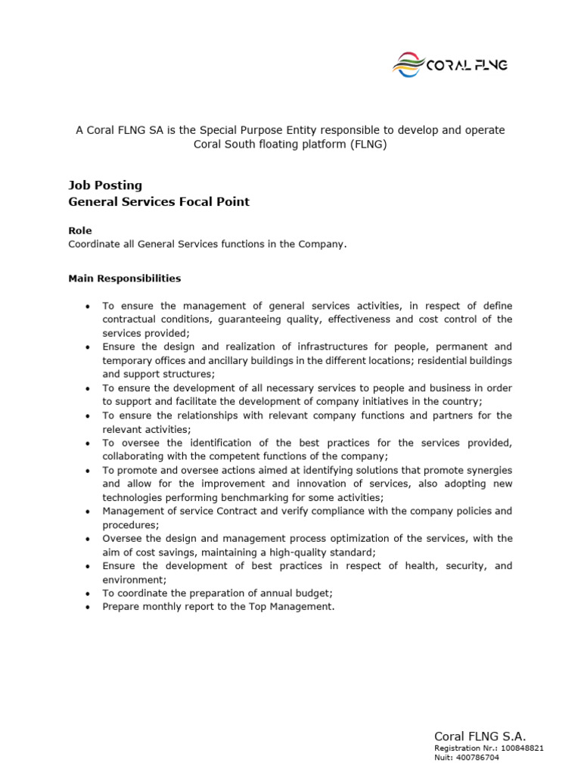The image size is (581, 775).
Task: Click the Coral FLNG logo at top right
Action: click(x=449, y=64)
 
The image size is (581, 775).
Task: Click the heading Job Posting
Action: click(x=105, y=185)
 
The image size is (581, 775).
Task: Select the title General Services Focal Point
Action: click(x=159, y=202)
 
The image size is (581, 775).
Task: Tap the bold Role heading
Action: click(x=79, y=231)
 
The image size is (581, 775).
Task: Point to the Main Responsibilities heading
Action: click(x=125, y=279)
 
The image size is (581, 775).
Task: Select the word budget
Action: click(x=314, y=593)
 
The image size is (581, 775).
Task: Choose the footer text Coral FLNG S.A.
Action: click(x=480, y=736)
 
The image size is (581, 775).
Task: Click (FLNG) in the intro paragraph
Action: click(x=368, y=145)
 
